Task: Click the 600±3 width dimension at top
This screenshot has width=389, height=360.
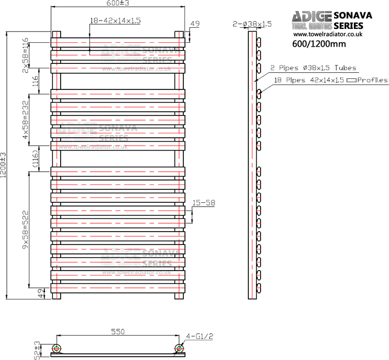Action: coord(118,4)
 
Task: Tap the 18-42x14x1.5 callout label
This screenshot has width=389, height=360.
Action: coord(115,21)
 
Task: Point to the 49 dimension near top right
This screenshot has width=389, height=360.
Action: coord(194,24)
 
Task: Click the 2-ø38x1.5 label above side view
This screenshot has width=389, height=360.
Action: coord(252,24)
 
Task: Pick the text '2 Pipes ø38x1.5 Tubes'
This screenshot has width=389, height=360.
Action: coord(313,68)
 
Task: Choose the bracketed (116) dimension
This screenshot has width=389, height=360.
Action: coord(34,159)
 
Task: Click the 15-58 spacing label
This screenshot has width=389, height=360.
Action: coord(203,203)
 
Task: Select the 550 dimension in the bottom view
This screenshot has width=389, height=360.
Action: coord(117,332)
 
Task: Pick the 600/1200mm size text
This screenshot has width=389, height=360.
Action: coord(319,44)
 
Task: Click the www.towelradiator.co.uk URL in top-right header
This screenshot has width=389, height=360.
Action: coord(328,34)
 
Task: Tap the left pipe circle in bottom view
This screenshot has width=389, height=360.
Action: coord(56,349)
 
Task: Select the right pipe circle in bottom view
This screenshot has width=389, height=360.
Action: coord(178,349)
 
